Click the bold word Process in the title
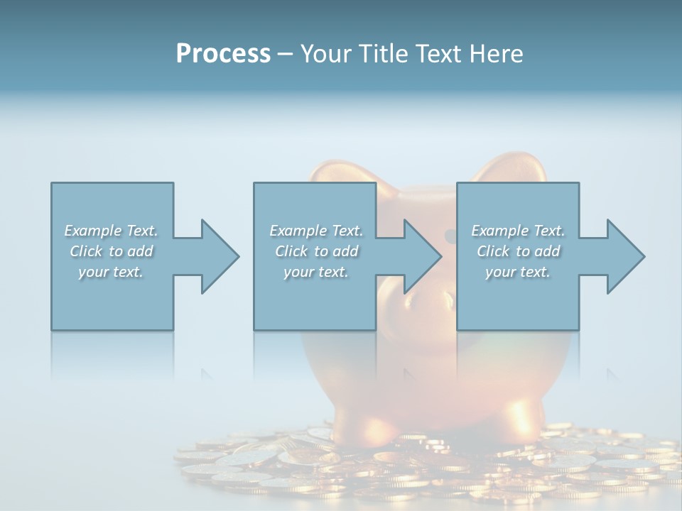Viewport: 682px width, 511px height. coord(223,54)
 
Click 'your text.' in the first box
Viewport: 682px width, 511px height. coord(111,271)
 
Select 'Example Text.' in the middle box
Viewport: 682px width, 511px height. coord(315,231)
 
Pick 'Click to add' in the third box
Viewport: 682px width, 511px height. coord(518,251)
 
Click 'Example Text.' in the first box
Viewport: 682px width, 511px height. coord(111,231)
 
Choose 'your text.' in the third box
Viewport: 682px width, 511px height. coord(518,271)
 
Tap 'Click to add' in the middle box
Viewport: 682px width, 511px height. coord(315,251)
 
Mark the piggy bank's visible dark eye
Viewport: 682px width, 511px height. coord(450,235)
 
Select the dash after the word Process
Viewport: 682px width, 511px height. coord(286,54)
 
